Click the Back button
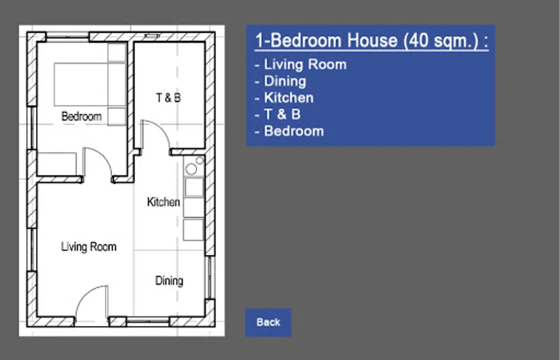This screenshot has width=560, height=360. pyautogui.click(x=268, y=322)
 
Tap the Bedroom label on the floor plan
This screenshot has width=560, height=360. pyautogui.click(x=82, y=116)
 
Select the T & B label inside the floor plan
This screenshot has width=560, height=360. pyautogui.click(x=169, y=98)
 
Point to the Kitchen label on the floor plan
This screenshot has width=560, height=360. pyautogui.click(x=163, y=202)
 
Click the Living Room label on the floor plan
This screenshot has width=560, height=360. pyautogui.click(x=89, y=247)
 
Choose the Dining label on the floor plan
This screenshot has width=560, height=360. pyautogui.click(x=169, y=281)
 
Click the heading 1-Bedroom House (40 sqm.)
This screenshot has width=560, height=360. pyautogui.click(x=371, y=40)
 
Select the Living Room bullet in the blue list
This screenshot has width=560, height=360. pyautogui.click(x=301, y=64)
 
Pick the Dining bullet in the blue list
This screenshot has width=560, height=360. pyautogui.click(x=280, y=81)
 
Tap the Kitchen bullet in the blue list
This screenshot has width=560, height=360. pyautogui.click(x=284, y=98)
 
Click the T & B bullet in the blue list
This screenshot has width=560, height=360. pyautogui.click(x=277, y=114)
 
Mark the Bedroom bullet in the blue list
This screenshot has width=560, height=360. pyautogui.click(x=289, y=131)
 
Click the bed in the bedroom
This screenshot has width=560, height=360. pyautogui.click(x=90, y=84)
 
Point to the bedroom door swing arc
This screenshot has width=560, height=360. pyautogui.click(x=104, y=155)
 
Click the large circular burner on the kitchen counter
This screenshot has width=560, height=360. pyautogui.click(x=191, y=169)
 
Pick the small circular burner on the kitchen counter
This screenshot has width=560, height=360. pyautogui.click(x=200, y=161)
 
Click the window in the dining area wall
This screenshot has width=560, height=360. pyautogui.click(x=210, y=278)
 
